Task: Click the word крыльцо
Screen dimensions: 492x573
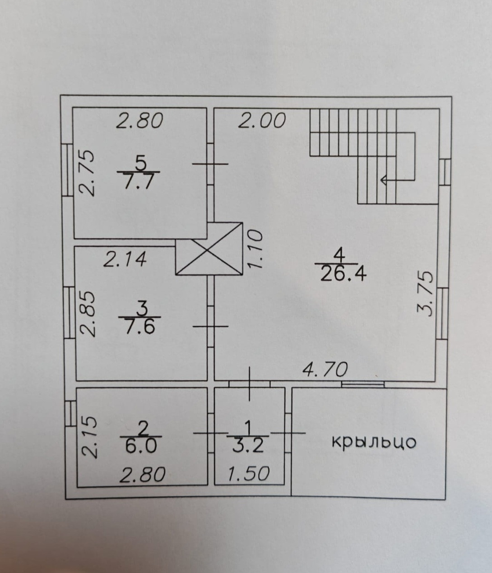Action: tap(374, 442)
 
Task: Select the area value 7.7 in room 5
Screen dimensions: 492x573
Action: tap(139, 182)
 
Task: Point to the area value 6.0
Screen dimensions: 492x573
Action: tap(142, 446)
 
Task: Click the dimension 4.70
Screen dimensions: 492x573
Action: tap(325, 370)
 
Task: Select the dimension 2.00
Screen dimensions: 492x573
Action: tap(262, 121)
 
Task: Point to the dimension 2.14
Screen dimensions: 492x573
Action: tap(125, 259)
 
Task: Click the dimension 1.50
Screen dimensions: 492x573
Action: tap(248, 474)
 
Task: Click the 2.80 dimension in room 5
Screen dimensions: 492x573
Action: tap(139, 121)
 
